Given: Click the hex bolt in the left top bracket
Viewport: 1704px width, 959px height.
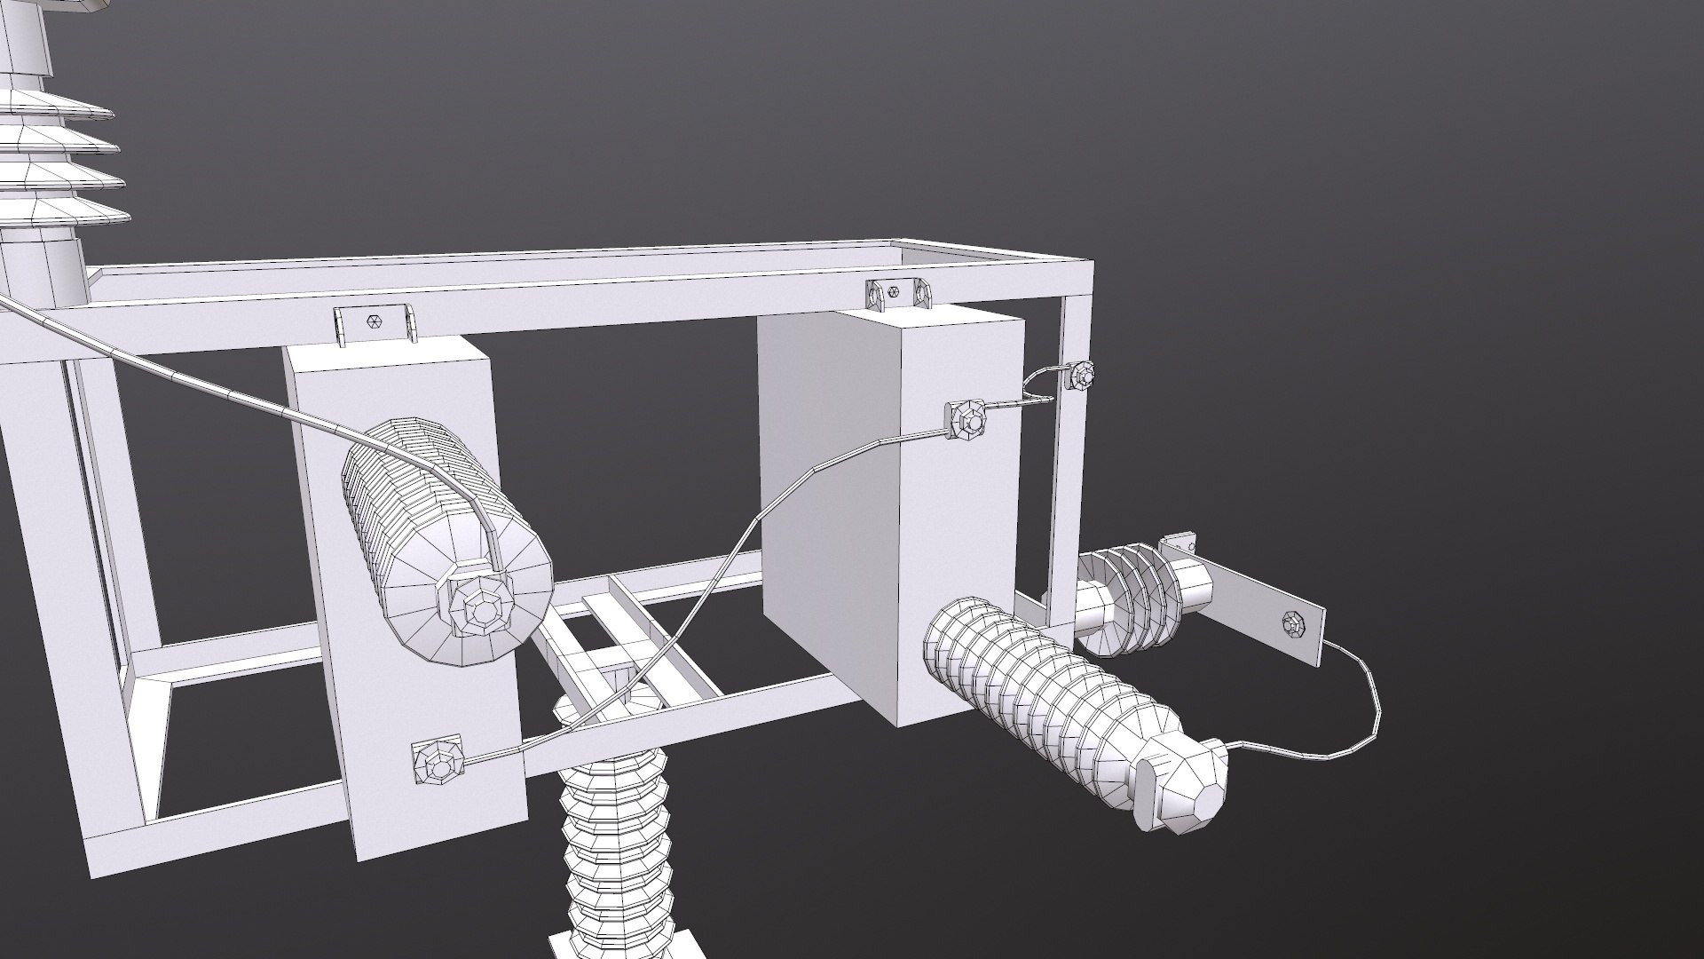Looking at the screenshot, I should pos(373,322).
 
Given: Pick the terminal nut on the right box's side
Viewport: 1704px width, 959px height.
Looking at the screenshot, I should pos(966,419).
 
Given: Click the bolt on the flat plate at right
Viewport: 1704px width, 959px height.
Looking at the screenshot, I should pos(1293,624).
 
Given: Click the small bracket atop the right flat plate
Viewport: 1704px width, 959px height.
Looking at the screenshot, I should pos(1182,543).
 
